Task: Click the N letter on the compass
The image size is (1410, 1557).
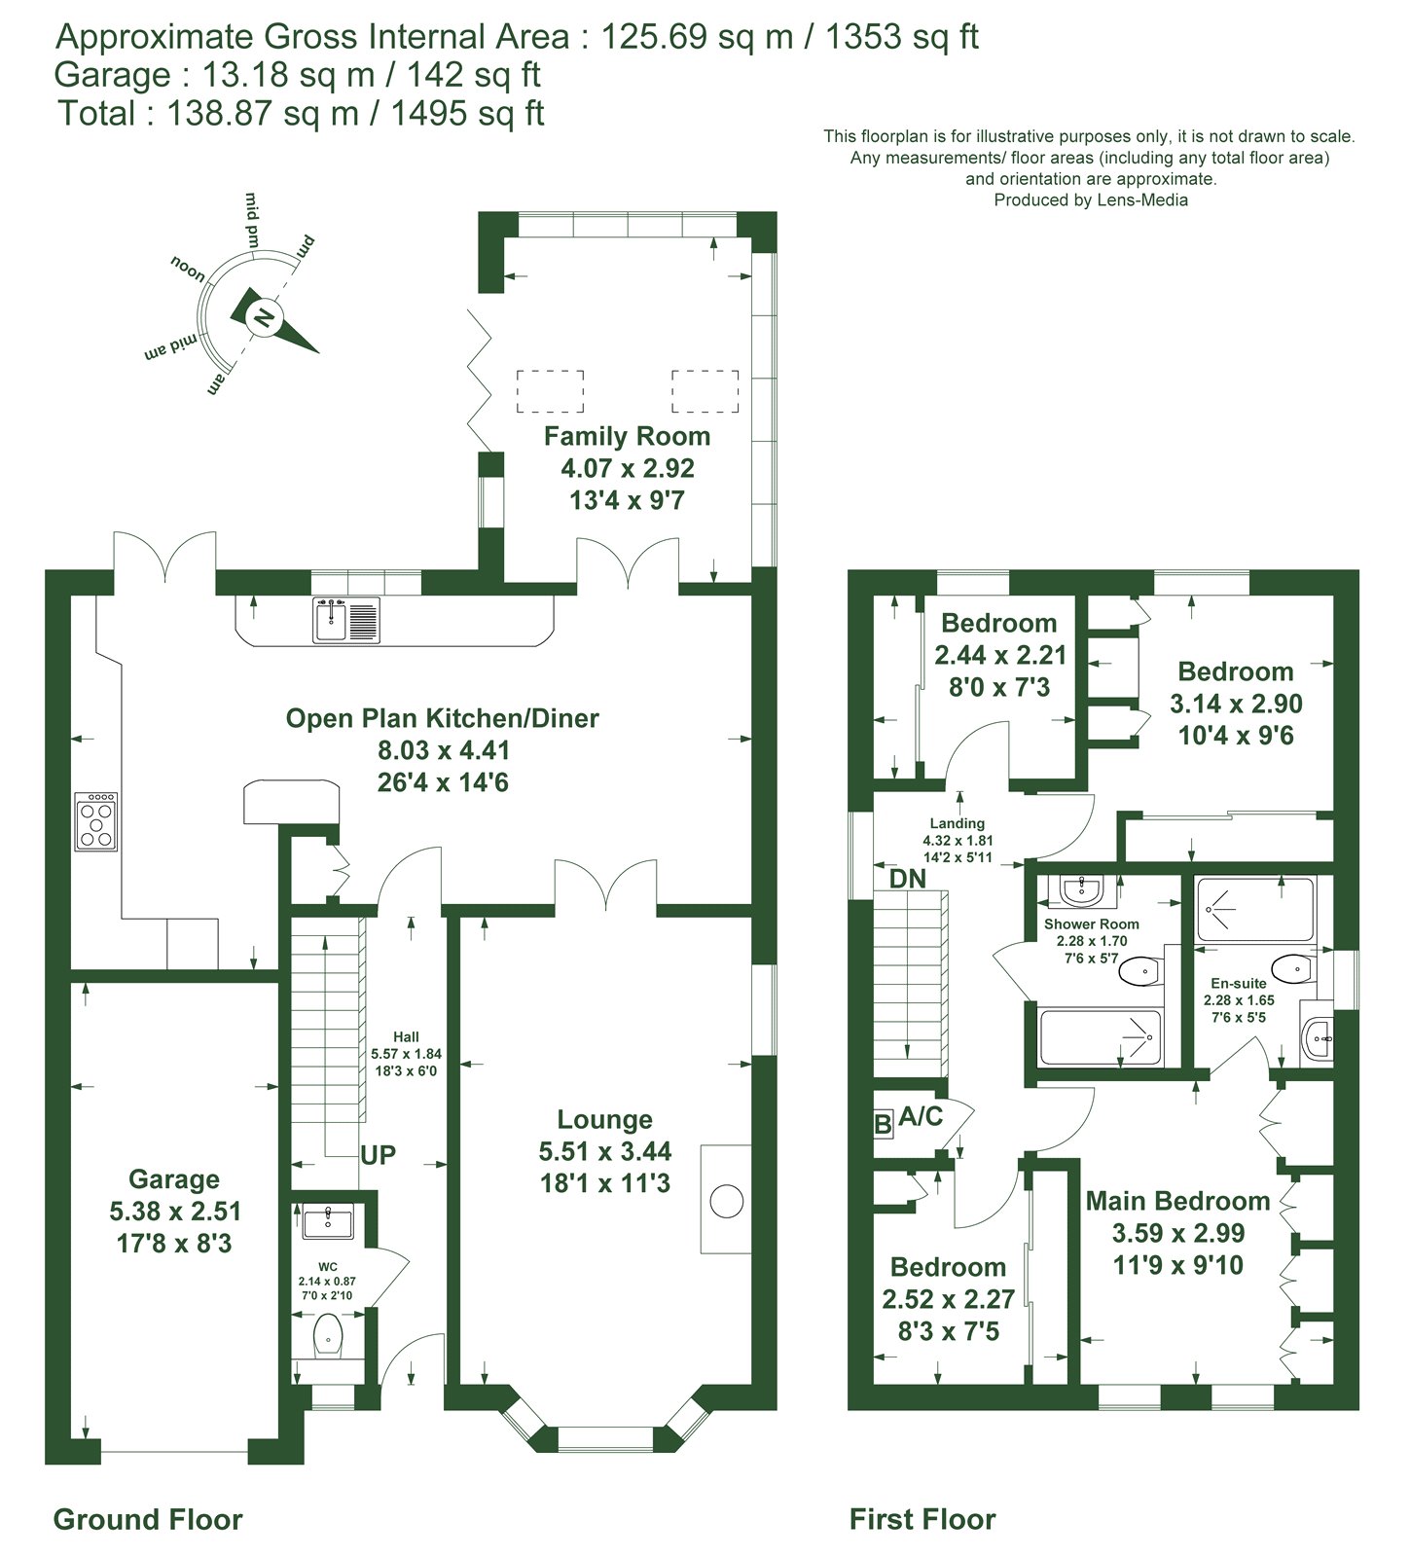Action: point(262,316)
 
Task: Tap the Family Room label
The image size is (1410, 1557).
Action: point(627,436)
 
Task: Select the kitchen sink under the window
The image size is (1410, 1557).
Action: point(346,620)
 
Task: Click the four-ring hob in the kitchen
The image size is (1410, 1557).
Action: point(97,821)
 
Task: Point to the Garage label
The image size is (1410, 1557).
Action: point(174,1179)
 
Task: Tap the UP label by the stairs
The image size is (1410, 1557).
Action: point(379,1155)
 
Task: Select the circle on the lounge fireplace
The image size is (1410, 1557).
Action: point(727,1201)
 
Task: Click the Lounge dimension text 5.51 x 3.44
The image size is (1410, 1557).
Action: point(605,1151)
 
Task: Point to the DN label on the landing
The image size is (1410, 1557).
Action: point(908,879)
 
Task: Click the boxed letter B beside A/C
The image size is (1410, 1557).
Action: point(883,1125)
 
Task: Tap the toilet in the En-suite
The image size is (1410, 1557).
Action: point(1293,969)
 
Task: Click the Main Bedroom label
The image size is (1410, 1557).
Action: point(1177,1201)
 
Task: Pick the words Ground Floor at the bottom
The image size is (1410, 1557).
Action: point(148,1519)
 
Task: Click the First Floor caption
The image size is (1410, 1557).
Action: point(922,1519)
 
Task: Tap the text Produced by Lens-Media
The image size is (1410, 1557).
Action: point(1091,200)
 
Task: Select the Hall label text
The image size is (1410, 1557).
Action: point(406,1037)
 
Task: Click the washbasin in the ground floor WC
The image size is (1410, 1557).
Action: point(329,1221)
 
